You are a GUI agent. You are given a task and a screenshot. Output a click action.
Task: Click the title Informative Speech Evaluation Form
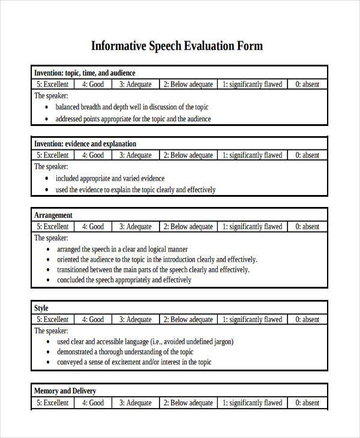(176, 46)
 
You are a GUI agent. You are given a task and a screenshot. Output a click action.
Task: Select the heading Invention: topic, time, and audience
(85, 73)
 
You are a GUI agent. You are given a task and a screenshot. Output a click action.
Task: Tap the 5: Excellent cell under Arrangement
(52, 227)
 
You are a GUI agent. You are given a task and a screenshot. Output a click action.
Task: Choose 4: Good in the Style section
(93, 320)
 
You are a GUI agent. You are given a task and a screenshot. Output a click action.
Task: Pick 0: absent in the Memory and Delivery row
(307, 403)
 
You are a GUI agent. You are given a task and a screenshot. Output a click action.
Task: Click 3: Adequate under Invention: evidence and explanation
(135, 155)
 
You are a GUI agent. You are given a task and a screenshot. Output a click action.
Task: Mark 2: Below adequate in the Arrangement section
(188, 227)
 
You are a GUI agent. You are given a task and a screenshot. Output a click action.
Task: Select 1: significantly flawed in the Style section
(252, 320)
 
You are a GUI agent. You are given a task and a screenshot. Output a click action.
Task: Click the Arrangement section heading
(53, 215)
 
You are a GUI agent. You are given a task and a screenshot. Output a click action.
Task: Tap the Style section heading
(41, 308)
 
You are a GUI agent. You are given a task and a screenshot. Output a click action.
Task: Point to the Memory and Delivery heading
(65, 391)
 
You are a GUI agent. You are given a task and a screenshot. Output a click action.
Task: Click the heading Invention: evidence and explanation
(85, 144)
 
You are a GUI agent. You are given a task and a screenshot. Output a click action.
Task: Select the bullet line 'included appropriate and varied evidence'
(110, 178)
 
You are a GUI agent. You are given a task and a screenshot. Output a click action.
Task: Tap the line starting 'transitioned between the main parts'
(153, 270)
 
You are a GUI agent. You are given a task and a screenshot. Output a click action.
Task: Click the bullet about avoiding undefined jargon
(145, 341)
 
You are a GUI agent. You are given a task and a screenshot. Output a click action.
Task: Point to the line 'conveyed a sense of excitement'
(134, 362)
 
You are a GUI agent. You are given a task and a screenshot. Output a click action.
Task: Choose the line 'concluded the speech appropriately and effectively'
(124, 280)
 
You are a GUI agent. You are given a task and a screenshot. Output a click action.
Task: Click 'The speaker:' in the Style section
(51, 331)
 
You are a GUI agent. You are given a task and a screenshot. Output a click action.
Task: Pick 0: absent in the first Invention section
(307, 85)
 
